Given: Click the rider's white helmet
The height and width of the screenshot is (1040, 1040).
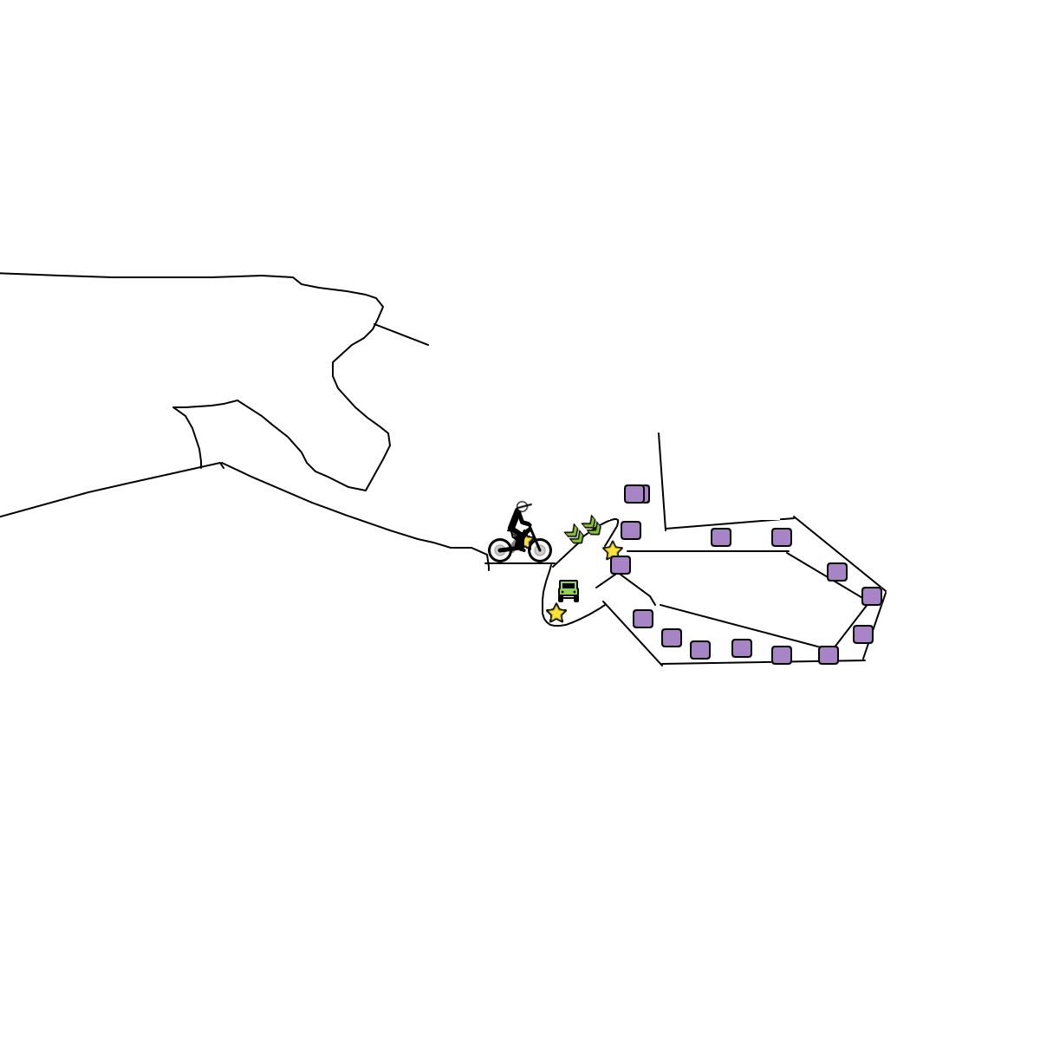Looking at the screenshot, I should tap(522, 506).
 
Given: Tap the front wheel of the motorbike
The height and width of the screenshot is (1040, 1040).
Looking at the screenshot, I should tap(540, 550).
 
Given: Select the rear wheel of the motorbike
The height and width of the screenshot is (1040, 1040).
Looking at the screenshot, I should tap(500, 550).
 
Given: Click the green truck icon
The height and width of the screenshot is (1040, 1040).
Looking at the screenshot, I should tap(569, 590).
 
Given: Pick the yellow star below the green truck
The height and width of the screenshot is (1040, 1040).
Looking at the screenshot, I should tap(556, 614).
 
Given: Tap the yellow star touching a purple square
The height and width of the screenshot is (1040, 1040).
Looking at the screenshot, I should tap(613, 550).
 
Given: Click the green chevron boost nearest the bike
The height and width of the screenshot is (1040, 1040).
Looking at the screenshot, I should tap(575, 534).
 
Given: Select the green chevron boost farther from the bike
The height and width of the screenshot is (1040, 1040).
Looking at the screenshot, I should tap(592, 525).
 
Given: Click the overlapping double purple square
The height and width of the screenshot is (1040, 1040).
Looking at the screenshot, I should tap(637, 494).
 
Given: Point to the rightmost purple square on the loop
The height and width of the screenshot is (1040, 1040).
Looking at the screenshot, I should tap(872, 596).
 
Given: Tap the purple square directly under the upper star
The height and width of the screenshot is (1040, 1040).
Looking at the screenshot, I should tap(621, 565).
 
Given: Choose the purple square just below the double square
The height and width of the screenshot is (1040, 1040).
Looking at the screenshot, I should tap(631, 530).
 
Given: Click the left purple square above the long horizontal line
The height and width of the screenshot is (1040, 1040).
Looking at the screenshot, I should tap(721, 537).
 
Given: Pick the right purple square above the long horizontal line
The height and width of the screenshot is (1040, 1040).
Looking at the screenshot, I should tap(782, 537).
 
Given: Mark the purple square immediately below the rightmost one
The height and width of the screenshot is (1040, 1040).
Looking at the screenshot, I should tap(863, 634).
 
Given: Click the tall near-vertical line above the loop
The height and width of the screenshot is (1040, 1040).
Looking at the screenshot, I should tap(662, 481).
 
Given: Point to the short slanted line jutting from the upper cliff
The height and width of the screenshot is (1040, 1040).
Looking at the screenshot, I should tap(401, 335).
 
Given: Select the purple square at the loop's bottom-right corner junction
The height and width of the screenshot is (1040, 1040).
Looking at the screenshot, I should tap(829, 655).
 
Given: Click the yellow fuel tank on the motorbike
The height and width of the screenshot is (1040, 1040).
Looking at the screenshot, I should tap(528, 541).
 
